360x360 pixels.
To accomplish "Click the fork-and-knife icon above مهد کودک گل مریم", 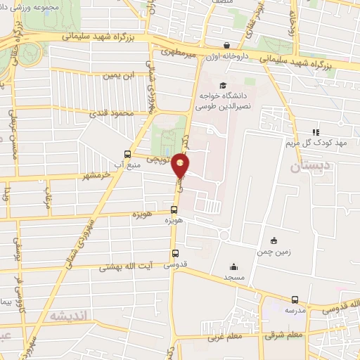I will (316, 131).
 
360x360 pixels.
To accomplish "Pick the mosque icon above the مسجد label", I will (233, 266).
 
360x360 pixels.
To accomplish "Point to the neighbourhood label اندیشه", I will (67, 317).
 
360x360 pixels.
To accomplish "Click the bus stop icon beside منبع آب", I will (127, 154).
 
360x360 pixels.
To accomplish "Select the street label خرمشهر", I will (96, 176).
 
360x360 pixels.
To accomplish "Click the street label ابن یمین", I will (117, 74).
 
